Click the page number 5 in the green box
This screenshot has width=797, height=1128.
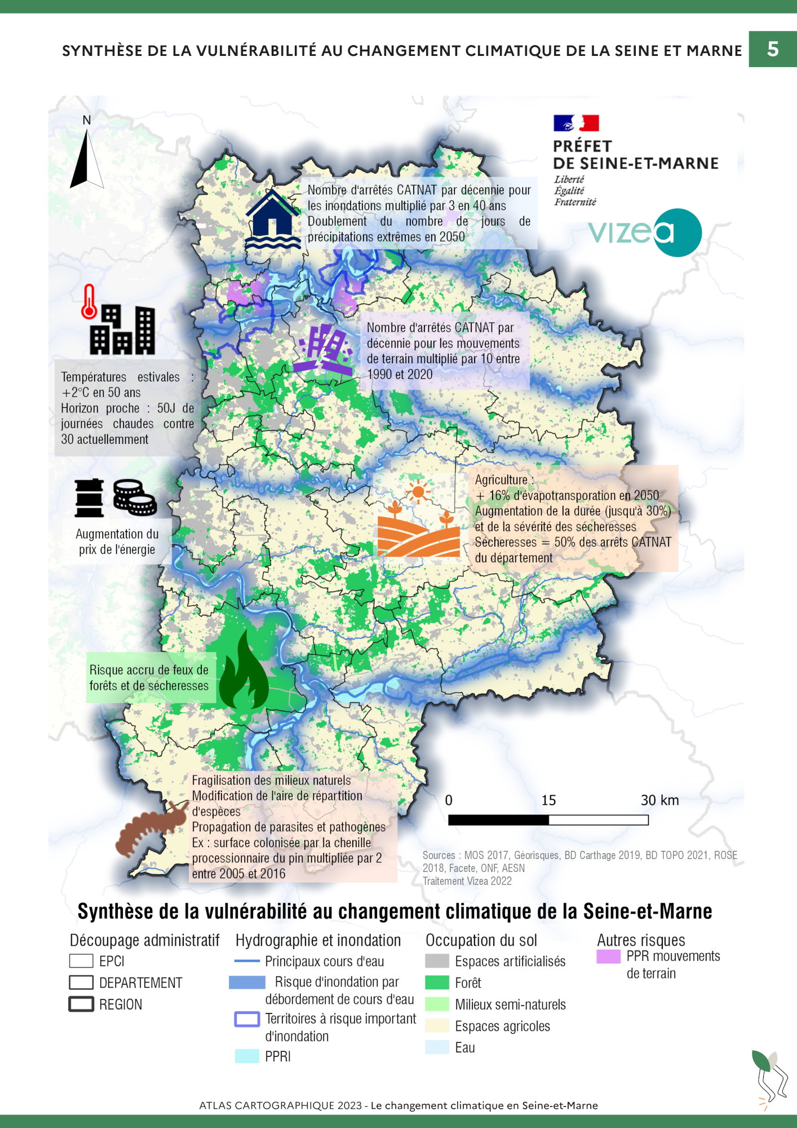tap(773, 49)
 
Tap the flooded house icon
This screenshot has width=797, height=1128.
tap(273, 220)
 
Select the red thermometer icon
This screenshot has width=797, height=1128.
tap(88, 302)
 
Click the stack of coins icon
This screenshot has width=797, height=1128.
tap(135, 497)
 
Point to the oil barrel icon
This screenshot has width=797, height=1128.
tap(90, 498)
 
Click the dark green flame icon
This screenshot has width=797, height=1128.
tap(243, 671)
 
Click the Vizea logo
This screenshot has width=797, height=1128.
tap(645, 232)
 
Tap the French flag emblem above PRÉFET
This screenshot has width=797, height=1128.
tap(576, 123)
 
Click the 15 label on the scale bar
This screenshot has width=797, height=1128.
tap(548, 800)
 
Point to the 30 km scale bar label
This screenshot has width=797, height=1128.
tap(659, 800)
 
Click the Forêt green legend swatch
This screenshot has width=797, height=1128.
tap(437, 983)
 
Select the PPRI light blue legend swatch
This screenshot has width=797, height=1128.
tap(247, 1056)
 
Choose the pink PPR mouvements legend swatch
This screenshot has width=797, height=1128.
tap(609, 957)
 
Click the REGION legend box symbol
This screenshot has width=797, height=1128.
tap(81, 1004)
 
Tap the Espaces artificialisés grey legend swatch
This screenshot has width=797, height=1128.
tap(437, 961)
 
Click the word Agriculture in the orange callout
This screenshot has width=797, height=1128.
tap(501, 480)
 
